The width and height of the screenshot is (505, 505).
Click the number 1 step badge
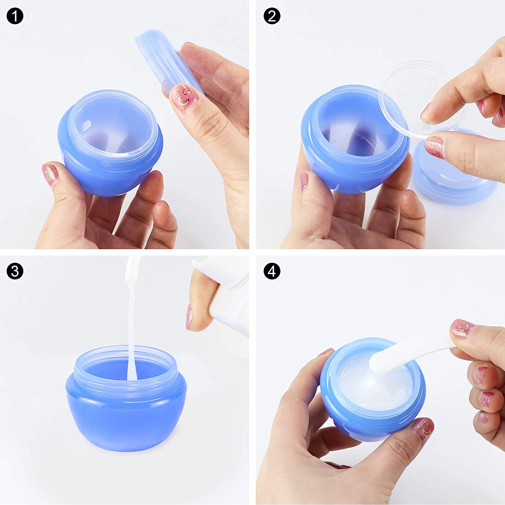click(15, 16)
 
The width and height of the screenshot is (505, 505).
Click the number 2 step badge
click(272, 16)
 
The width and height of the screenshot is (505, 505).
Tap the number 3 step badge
click(15, 271)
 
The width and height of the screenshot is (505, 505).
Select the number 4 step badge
click(272, 271)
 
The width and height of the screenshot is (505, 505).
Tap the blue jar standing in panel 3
click(126, 397)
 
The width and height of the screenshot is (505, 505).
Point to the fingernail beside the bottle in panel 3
click(190, 316)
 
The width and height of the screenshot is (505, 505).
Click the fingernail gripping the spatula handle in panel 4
click(462, 327)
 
